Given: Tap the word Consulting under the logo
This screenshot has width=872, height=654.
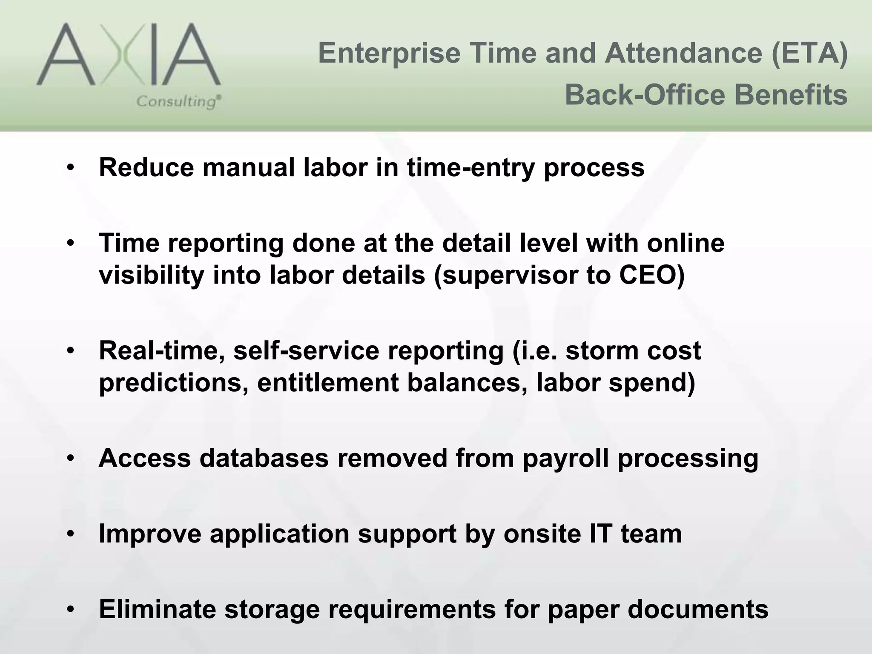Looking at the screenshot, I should pos(178,102).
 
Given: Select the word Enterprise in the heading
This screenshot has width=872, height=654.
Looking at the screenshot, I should pos(389,54).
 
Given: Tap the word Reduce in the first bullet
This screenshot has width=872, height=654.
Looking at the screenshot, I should pos(146,167).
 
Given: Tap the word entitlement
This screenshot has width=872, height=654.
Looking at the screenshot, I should pos(328,382).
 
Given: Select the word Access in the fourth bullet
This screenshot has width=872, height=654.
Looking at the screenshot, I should pos(145,458).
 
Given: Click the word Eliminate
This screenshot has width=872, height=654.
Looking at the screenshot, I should pos(158,609).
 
